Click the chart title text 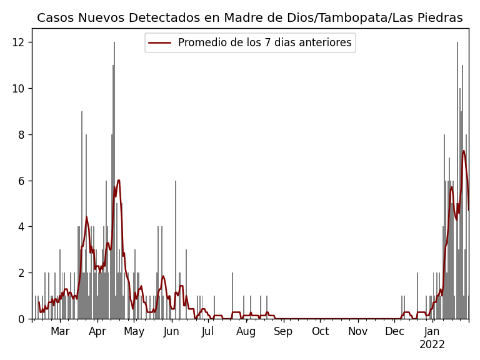(x=249, y=18)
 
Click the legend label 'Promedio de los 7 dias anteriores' (x=264, y=43)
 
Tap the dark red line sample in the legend (x=161, y=43)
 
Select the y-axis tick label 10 (x=19, y=89)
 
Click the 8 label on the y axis (x=21, y=134)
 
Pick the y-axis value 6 (x=21, y=181)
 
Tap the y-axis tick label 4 (x=21, y=227)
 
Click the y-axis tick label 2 (x=21, y=273)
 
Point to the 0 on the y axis (x=21, y=319)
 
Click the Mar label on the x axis (x=60, y=331)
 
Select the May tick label (x=134, y=331)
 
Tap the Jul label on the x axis (x=207, y=331)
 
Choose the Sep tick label (x=283, y=331)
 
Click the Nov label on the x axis (x=358, y=331)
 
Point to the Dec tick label (x=394, y=331)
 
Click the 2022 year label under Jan (x=432, y=345)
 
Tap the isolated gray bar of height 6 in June (x=176, y=250)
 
